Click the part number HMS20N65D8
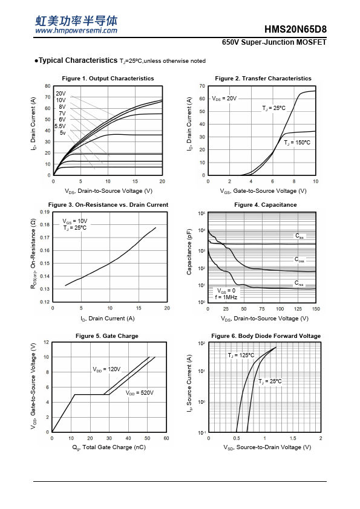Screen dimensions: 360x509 pos(295,29)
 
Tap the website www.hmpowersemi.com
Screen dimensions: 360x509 pos(76,30)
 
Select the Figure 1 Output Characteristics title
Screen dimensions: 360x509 pos(108,78)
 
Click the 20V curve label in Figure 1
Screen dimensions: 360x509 pos(61,94)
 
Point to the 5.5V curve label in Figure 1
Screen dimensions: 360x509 pos(60,126)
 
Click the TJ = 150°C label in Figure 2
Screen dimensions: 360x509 pos(297,143)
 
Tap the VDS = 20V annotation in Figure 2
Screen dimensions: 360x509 pos(224,99)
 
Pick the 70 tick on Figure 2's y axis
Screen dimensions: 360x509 pos(203,86)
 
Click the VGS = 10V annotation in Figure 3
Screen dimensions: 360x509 pos(75,221)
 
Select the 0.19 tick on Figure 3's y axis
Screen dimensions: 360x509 pos(45,212)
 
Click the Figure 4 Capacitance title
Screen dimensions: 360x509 pos(266,205)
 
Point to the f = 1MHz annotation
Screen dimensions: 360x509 pos(226,297)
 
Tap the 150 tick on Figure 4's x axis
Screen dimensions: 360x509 pos(316,309)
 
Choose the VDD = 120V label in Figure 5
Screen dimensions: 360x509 pos(106,369)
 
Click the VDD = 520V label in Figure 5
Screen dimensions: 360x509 pos(140,393)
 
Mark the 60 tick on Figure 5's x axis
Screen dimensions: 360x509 pos(166,438)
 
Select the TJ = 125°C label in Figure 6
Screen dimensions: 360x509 pos(241,355)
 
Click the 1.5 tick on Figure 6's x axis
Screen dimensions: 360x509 pos(293,438)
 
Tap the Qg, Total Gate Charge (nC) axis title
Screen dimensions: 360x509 pos(109,447)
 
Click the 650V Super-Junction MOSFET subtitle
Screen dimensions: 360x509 pos(274,42)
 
